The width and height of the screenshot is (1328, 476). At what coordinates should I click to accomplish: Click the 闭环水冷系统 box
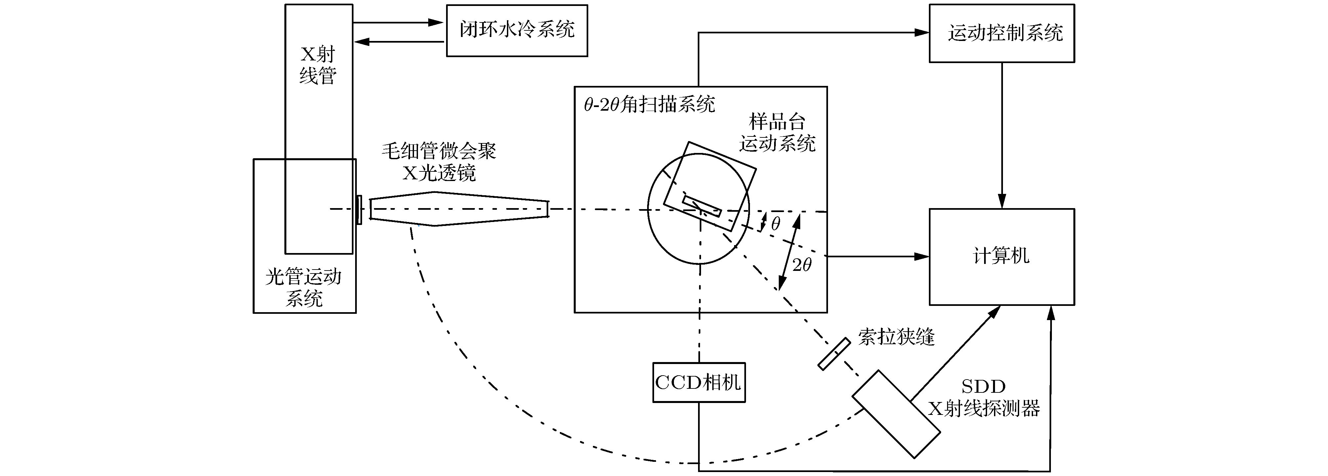(517, 30)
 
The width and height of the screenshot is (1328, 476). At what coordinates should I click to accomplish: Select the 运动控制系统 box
(1002, 33)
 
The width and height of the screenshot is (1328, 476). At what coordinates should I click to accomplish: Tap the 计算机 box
(1002, 257)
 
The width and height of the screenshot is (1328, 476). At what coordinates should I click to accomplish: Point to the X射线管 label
(318, 65)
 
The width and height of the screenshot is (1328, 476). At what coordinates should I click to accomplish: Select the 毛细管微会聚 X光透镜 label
(439, 162)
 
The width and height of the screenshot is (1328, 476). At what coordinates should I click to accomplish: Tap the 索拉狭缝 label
(896, 337)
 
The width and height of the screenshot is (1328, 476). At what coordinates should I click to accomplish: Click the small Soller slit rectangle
(834, 354)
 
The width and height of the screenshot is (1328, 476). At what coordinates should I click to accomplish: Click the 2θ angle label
(802, 265)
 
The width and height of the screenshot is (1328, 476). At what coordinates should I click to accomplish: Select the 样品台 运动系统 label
(777, 133)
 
